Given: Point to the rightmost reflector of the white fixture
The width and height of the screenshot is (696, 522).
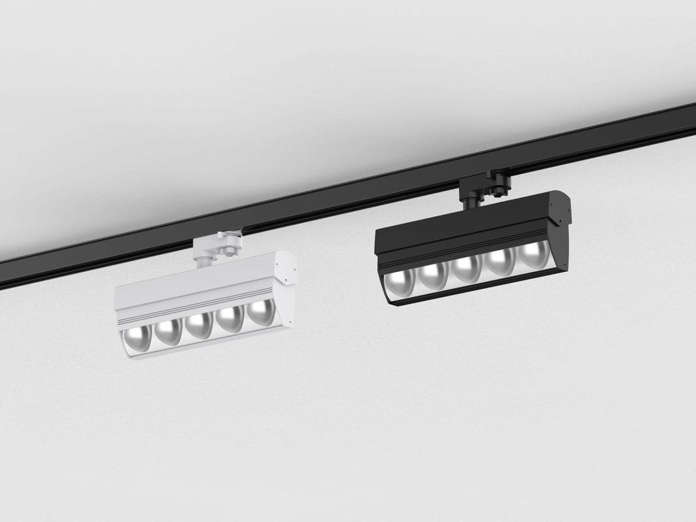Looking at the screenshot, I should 260,311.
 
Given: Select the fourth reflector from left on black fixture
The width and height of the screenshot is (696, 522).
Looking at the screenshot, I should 501,261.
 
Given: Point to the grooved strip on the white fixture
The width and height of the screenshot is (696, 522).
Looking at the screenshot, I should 197,307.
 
